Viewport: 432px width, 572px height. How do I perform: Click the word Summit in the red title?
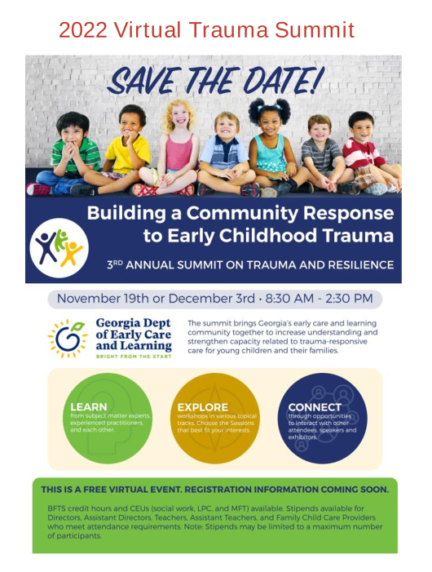315,30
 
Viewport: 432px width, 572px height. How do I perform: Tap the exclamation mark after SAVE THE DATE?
318,79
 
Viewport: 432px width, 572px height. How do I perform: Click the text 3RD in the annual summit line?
114,264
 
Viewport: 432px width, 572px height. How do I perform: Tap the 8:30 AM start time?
289,299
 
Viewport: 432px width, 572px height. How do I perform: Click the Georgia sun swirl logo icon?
68,339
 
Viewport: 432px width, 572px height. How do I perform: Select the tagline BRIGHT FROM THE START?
134,356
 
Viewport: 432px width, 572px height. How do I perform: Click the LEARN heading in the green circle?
89,407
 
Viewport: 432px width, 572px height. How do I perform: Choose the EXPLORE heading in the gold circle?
202,407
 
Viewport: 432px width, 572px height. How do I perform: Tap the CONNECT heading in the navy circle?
315,407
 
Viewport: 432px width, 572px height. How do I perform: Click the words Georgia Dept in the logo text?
133,323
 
